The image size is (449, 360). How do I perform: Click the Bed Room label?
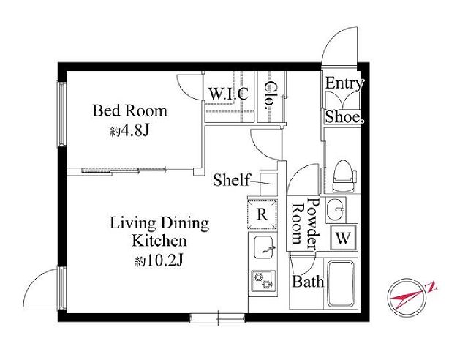(x=129, y=111)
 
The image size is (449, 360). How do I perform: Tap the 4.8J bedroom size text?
(x=135, y=131)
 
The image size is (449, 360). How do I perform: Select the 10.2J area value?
(x=165, y=260)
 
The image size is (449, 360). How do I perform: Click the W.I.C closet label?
(x=228, y=94)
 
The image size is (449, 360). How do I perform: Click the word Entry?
(x=344, y=83)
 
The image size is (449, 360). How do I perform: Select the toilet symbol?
(x=344, y=176)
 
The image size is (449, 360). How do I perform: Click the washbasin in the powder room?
(x=336, y=210)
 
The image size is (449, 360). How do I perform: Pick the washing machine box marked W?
(x=344, y=238)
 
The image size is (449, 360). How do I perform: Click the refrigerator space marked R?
(x=263, y=214)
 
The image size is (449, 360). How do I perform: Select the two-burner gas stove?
(x=263, y=280)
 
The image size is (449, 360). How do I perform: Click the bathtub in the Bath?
(x=341, y=283)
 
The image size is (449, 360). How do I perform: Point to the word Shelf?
(x=231, y=180)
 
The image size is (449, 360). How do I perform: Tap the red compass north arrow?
(x=412, y=295)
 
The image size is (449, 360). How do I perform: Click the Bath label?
(x=308, y=282)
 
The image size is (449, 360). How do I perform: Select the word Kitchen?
(x=159, y=241)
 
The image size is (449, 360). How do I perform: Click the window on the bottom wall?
(x=218, y=318)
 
